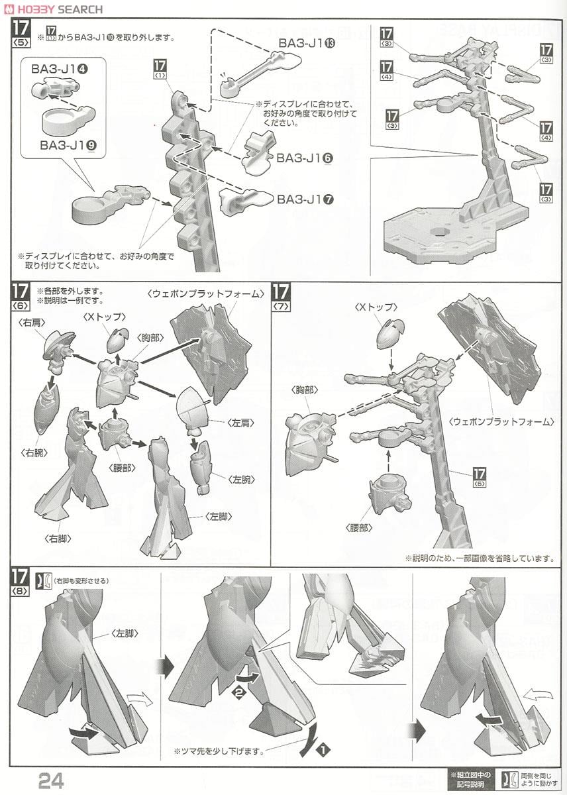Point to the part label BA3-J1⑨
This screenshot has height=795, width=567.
[x=68, y=145]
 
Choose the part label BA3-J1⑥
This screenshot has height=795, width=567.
[x=305, y=158]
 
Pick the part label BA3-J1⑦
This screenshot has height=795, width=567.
[x=305, y=199]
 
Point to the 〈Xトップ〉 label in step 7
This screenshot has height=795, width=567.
[x=376, y=307]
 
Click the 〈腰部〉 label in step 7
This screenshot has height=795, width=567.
[x=359, y=527]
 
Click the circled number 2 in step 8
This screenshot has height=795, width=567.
[x=236, y=692]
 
